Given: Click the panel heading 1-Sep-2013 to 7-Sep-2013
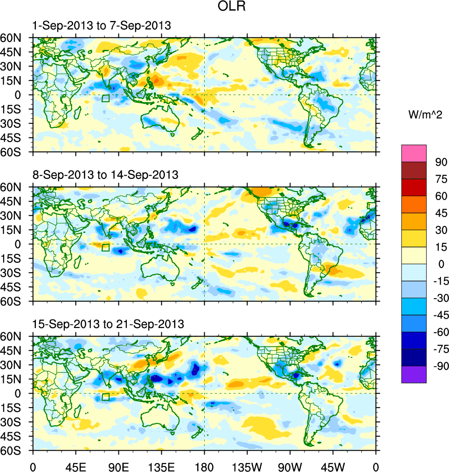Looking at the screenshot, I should (x=101, y=26).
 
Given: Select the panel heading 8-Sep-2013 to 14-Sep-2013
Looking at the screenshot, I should (x=105, y=175).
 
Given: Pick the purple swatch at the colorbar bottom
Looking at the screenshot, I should (x=414, y=374).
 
